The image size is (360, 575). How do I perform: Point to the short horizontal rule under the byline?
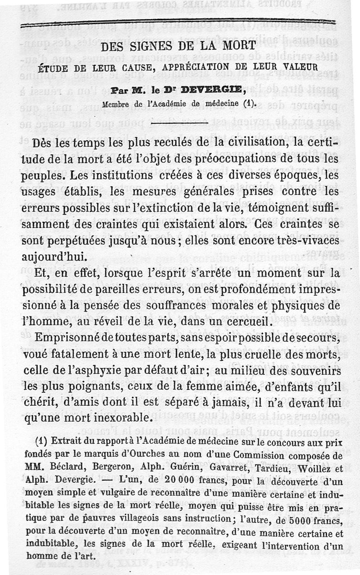[179, 122]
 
